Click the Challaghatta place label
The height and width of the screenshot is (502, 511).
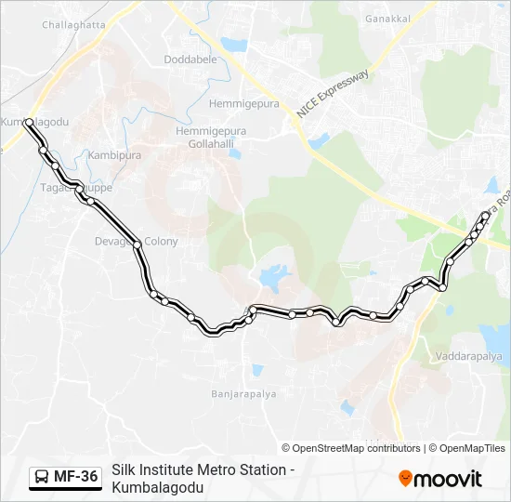(73, 25)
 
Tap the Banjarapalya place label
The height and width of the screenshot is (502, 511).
(244, 394)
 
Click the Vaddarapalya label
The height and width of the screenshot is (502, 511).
(467, 356)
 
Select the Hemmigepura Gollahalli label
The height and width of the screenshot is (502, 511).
(211, 138)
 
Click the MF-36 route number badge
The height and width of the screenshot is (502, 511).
(75, 478)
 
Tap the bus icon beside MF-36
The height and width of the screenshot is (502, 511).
(43, 478)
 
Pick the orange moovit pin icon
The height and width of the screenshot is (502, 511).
(405, 479)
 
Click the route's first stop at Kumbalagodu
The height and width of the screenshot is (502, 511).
(30, 122)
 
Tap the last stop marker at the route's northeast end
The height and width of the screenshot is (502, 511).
(485, 216)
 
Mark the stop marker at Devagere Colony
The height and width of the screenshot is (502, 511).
(137, 244)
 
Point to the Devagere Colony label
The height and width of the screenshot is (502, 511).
(136, 241)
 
